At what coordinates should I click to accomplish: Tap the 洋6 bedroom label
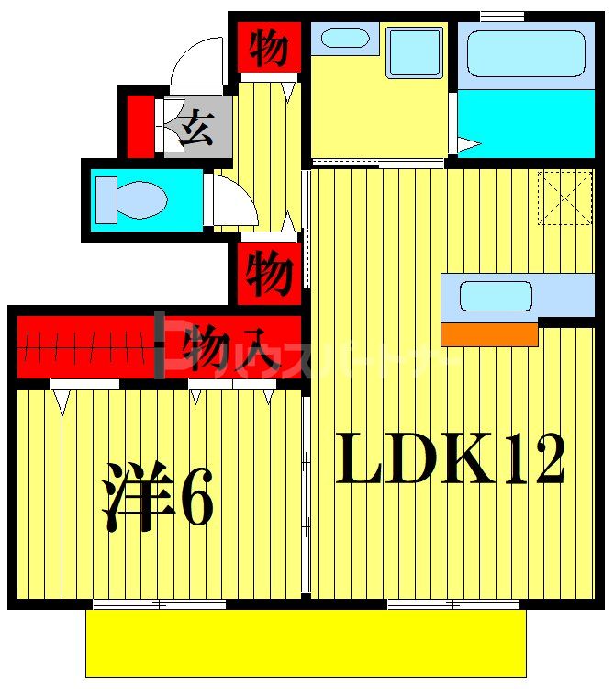point(158,496)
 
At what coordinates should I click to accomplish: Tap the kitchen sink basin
point(496,296)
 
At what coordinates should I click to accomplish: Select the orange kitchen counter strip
point(488,334)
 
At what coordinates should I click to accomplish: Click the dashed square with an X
point(564,197)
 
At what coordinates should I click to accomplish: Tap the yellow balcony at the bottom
point(306,643)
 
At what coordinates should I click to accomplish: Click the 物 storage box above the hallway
point(268,48)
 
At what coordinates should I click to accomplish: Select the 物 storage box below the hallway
point(268,273)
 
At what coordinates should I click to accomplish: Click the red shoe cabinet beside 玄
point(140,125)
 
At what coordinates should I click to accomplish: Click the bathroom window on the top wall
point(501,16)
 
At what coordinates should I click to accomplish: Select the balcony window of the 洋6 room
point(160,604)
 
